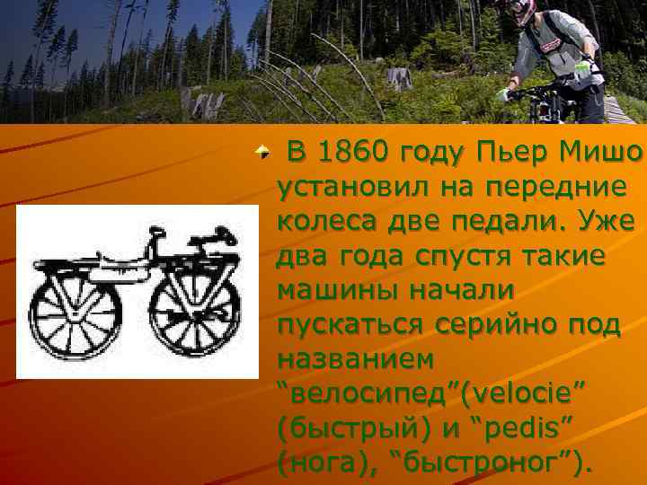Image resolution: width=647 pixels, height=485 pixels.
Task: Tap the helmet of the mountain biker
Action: click(523, 11)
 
